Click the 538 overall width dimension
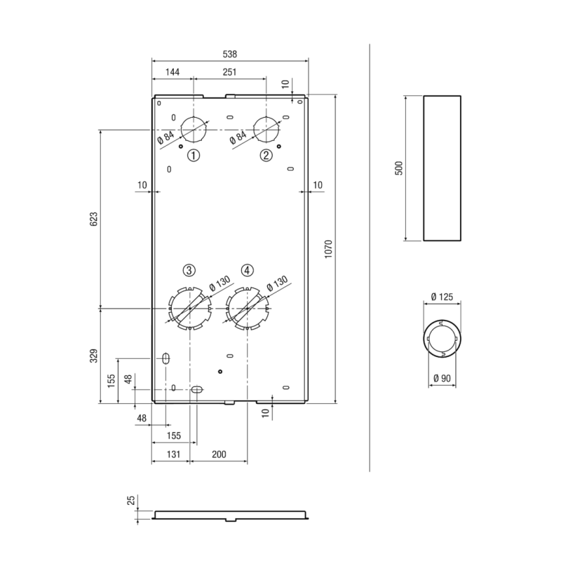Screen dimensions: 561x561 point(230,54)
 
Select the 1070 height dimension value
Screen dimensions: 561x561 point(328,250)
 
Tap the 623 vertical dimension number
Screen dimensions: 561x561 point(93,219)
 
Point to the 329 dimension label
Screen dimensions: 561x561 point(93,356)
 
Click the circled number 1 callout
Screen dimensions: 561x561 point(194,156)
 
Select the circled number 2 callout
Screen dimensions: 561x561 point(266,156)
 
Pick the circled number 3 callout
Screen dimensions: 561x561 point(189,271)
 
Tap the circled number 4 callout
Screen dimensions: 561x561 point(248,271)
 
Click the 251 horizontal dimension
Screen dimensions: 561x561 point(230,72)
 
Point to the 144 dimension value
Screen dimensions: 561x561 point(173,72)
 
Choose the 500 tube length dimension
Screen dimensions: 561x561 point(399,168)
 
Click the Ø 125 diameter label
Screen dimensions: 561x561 point(442,297)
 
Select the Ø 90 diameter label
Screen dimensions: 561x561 point(442,378)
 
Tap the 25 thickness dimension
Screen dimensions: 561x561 point(132,500)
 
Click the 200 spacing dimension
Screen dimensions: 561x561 point(219,454)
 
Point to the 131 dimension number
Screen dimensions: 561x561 point(173,454)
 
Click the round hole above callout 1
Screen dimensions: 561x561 point(194,129)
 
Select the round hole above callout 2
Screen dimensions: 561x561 point(266,129)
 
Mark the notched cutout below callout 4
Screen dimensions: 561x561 point(248,309)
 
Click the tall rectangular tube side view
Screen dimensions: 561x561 point(442,168)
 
